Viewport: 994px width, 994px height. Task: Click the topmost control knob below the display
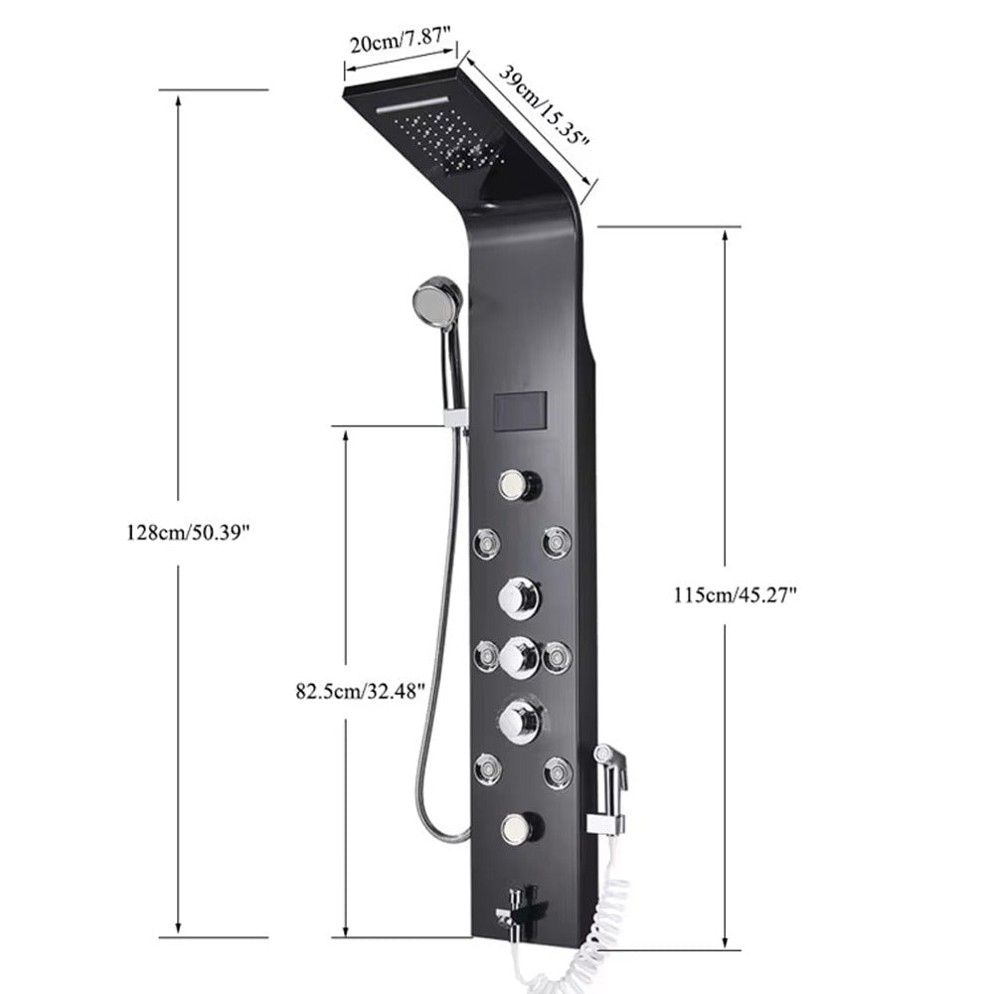click(519, 485)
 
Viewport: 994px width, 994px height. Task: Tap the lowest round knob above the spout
click(519, 827)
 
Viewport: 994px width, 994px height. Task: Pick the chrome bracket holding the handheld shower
click(456, 417)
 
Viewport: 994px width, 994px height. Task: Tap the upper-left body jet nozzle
click(487, 543)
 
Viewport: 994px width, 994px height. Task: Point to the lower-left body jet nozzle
click(487, 768)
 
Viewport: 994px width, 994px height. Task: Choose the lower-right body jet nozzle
click(557, 771)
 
